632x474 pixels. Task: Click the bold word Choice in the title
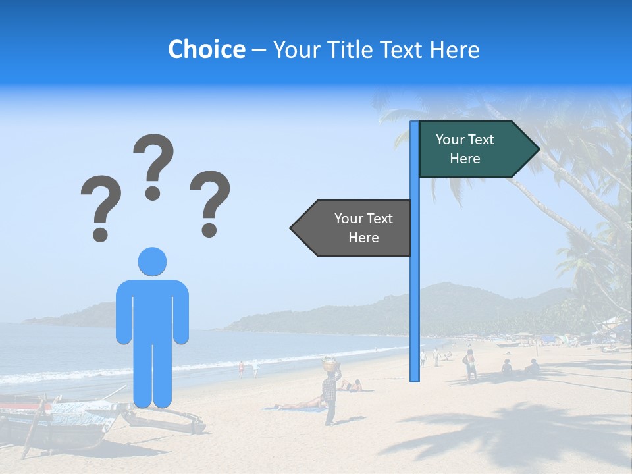coord(206,49)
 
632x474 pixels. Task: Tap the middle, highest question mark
coord(153,165)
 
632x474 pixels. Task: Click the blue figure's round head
coord(152,262)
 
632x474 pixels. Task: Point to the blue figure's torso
coord(152,309)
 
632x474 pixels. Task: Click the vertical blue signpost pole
coord(415,296)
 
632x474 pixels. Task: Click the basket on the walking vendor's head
coord(329,363)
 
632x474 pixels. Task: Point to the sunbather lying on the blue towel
coord(300,404)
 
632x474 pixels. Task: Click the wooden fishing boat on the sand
coord(59,421)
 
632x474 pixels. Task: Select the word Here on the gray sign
coord(363,238)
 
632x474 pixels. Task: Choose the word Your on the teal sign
coord(450,140)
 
